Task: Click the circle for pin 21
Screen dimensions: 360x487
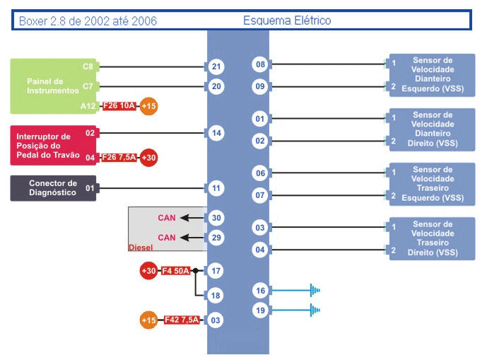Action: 216,67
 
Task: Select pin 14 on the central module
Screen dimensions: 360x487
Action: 216,132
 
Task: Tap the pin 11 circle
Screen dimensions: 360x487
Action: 216,188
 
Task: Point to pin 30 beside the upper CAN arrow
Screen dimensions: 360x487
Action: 216,218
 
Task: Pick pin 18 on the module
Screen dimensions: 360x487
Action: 216,296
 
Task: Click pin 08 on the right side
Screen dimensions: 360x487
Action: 260,65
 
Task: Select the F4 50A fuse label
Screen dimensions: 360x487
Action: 176,271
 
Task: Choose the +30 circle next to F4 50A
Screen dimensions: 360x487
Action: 149,271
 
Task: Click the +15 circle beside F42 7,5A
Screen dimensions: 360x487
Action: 150,320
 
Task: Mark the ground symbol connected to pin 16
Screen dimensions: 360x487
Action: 315,290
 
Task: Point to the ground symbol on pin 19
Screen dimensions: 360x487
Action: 315,309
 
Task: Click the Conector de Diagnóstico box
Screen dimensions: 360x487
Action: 53,188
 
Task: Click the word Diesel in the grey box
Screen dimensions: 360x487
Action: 141,248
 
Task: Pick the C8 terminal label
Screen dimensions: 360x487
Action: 88,67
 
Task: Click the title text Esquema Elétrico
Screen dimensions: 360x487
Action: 287,21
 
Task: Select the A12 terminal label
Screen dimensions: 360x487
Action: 88,106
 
